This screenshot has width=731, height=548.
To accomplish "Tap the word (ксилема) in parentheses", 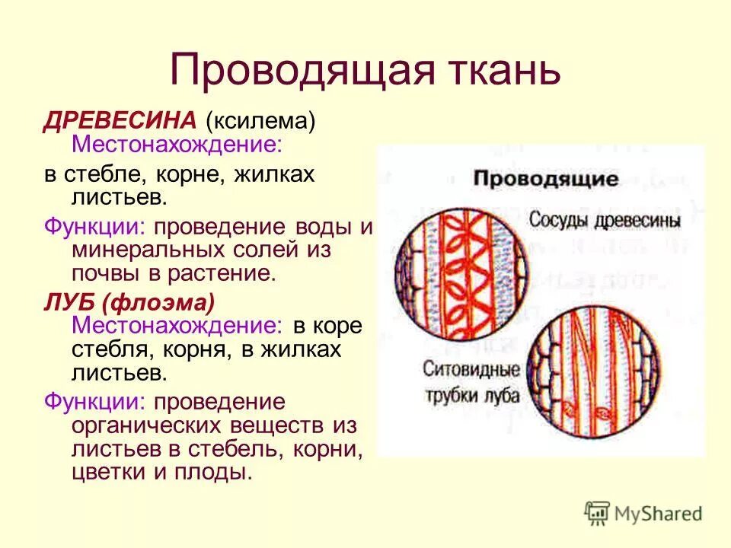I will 260,120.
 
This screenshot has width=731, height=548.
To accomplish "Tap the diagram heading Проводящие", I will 545,180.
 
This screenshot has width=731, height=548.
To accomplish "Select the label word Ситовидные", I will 471,373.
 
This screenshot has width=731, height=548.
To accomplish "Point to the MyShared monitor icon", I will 598,512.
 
